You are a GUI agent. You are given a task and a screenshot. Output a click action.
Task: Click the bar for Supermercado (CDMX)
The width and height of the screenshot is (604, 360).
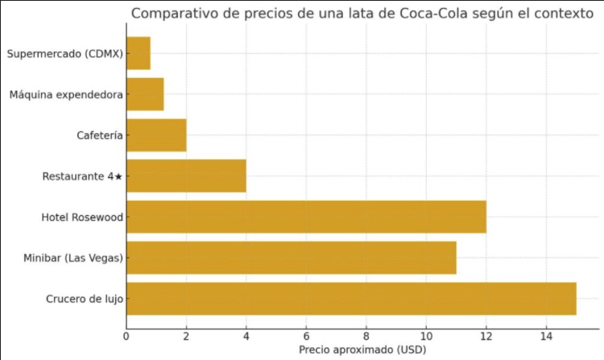[x=139, y=53]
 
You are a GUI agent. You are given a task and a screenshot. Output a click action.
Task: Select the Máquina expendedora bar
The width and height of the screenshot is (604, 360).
[x=145, y=94]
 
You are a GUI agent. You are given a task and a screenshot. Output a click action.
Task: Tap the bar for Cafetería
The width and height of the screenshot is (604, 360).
[x=156, y=135]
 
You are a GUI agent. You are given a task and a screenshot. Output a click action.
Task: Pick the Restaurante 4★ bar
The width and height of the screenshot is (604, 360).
[x=186, y=176]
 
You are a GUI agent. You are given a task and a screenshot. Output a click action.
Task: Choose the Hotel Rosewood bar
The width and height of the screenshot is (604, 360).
[x=306, y=217]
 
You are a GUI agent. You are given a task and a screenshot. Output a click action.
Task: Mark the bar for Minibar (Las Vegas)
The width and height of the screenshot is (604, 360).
[x=292, y=258]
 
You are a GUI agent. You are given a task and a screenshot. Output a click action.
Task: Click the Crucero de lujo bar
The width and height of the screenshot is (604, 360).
[x=351, y=299]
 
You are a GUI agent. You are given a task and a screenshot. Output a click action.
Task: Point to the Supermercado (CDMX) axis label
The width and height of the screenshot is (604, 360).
[x=64, y=54]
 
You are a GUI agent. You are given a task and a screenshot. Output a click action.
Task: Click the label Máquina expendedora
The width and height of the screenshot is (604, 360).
[x=66, y=95]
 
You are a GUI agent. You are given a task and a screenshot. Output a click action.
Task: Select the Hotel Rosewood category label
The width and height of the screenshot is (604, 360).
[x=82, y=217]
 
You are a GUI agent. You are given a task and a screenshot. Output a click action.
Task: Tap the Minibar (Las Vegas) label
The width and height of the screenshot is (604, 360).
[x=73, y=259]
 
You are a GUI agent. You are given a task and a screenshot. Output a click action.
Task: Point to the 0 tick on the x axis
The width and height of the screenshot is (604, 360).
[x=126, y=336]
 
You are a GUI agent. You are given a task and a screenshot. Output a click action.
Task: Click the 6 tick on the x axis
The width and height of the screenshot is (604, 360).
[x=307, y=336]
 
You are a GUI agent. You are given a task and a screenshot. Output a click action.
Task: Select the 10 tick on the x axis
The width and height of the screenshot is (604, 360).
[x=426, y=336]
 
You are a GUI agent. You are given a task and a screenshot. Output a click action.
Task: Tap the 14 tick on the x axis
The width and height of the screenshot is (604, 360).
[x=546, y=336]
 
